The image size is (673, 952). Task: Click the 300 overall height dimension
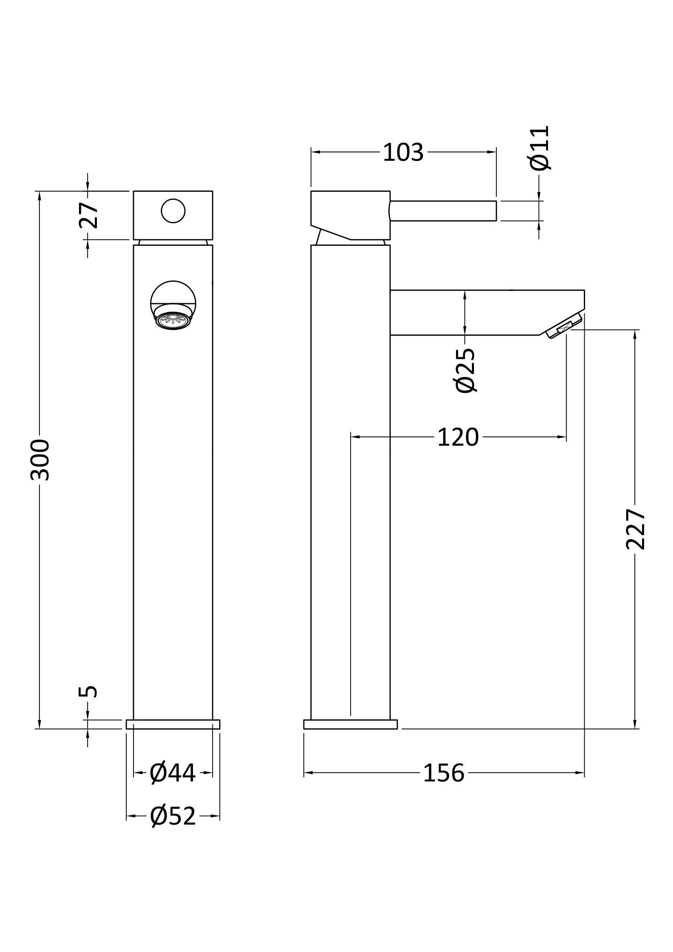pos(40,460)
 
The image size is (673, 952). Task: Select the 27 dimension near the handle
pos(88,216)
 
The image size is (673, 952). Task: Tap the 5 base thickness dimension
pos(88,692)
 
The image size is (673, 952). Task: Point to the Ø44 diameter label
pos(173,773)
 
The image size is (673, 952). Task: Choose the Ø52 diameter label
pos(173,816)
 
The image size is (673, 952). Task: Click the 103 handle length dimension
pos(403,152)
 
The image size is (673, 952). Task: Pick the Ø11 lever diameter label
pos(540,148)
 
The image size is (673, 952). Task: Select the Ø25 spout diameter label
pos(465,370)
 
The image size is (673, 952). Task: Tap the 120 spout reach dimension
pos(458,437)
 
